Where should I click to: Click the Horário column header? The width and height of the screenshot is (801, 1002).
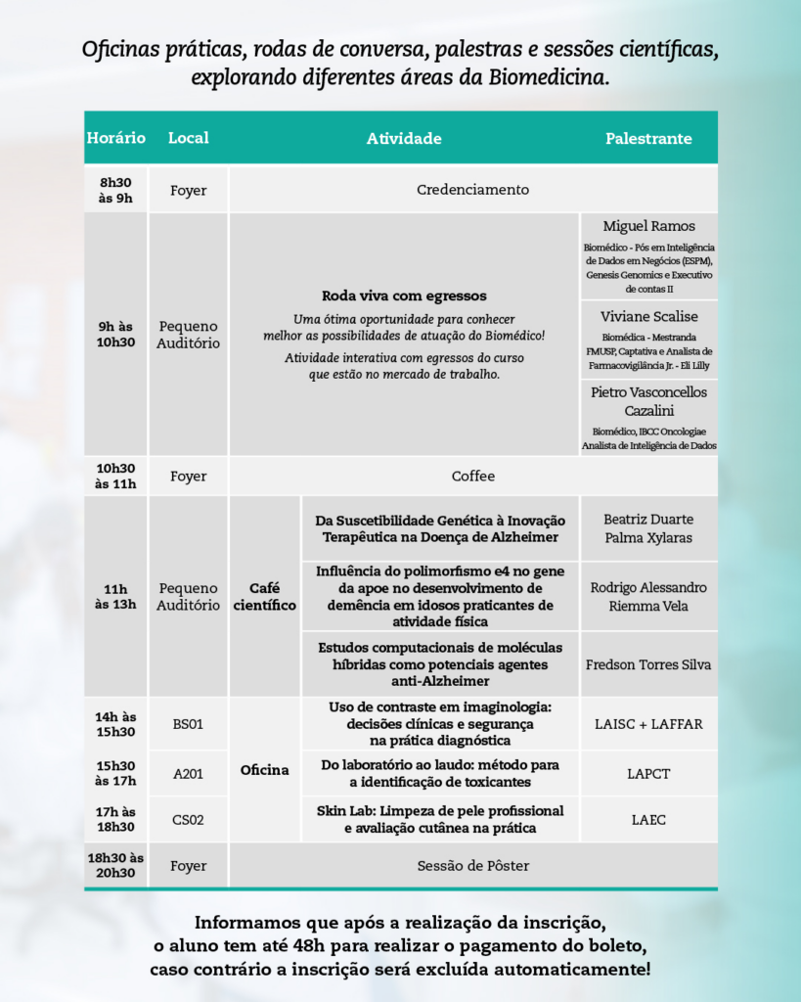(115, 138)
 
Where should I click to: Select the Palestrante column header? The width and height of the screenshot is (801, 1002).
(648, 138)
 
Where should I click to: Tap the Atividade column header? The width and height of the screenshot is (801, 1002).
(404, 138)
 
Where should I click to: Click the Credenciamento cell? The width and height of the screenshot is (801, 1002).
(472, 190)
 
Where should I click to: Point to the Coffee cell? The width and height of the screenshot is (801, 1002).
(472, 477)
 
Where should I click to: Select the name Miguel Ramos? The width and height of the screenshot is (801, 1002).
(648, 226)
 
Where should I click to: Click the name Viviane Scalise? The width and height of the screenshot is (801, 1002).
(648, 317)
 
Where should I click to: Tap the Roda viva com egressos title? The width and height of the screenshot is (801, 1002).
(404, 296)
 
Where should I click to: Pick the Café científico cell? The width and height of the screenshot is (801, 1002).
(264, 597)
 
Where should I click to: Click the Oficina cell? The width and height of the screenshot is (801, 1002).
(264, 770)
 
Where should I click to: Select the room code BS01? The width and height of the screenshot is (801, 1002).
(188, 724)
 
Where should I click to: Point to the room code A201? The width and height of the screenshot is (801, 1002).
(188, 773)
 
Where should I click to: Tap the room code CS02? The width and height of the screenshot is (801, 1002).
(188, 820)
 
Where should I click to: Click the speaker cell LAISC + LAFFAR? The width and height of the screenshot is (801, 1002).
(648, 724)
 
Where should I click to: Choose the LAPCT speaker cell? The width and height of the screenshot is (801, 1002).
(648, 773)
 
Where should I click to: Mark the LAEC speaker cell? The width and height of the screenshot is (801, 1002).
(648, 820)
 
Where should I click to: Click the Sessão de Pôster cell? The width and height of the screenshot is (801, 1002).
(472, 865)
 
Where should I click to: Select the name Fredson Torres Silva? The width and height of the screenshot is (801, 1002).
(648, 664)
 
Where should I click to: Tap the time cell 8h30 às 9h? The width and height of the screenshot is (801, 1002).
(115, 190)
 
